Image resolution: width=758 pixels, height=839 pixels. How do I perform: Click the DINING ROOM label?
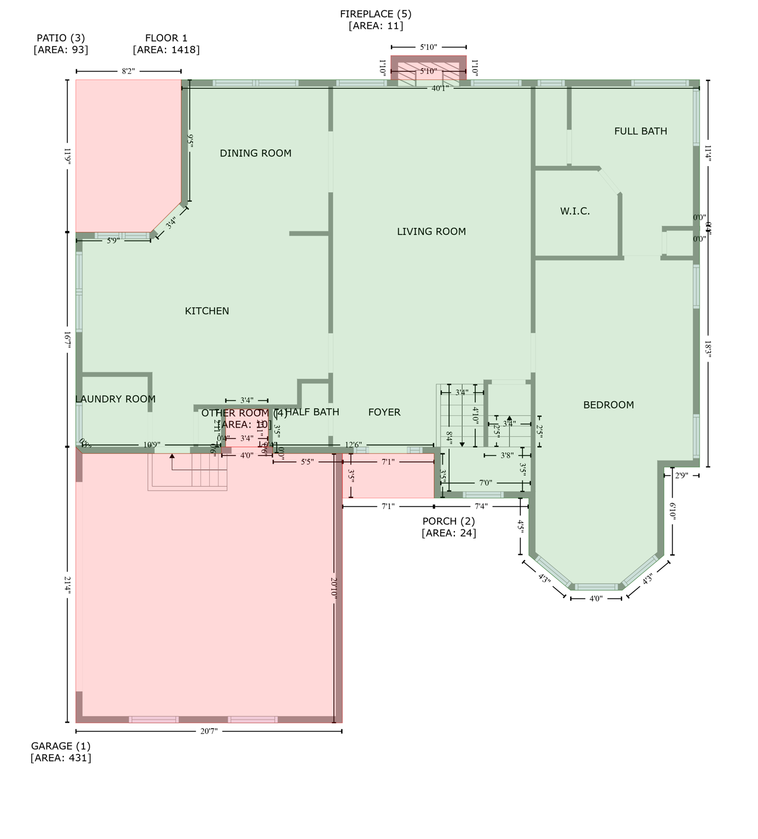click(256, 153)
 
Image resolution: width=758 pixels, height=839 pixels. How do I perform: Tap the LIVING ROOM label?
click(431, 232)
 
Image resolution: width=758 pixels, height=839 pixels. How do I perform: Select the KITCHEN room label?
click(207, 311)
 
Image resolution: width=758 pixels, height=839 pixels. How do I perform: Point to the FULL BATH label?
click(640, 131)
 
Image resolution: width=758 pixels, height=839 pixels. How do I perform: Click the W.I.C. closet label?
click(575, 211)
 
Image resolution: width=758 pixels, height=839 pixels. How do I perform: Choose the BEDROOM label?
click(608, 405)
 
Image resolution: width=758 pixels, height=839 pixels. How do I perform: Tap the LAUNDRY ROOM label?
click(115, 399)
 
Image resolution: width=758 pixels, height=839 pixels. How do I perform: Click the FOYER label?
click(384, 412)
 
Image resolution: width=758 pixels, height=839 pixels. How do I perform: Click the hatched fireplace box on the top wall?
click(429, 71)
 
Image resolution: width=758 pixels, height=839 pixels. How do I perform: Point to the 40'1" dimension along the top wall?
click(440, 88)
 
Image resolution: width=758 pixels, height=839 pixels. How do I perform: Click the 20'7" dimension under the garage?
click(209, 731)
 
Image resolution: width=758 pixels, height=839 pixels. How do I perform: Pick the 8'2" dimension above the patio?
click(128, 71)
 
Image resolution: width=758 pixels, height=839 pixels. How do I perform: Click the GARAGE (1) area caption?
click(61, 752)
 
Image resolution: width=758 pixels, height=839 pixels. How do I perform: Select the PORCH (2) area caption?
click(448, 527)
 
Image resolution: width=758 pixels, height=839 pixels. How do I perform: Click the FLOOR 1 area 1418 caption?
click(166, 44)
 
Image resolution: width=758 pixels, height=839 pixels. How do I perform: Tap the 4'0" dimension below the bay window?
click(596, 599)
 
